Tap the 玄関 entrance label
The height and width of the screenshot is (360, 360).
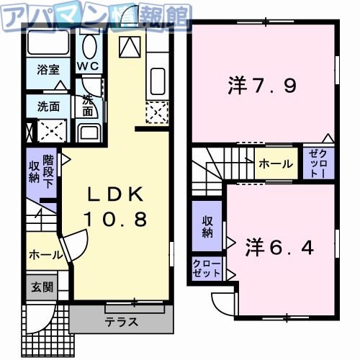41,287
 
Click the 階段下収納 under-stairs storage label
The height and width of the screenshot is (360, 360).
41,170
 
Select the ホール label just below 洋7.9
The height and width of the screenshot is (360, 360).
276,164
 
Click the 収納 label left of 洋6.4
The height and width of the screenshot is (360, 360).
207,227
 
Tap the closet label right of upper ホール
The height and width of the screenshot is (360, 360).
318,164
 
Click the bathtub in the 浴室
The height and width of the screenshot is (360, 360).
49,45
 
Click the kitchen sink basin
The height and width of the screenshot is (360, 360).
157,78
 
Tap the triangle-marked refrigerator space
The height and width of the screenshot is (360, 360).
130,47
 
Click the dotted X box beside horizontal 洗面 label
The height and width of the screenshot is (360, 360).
52,130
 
